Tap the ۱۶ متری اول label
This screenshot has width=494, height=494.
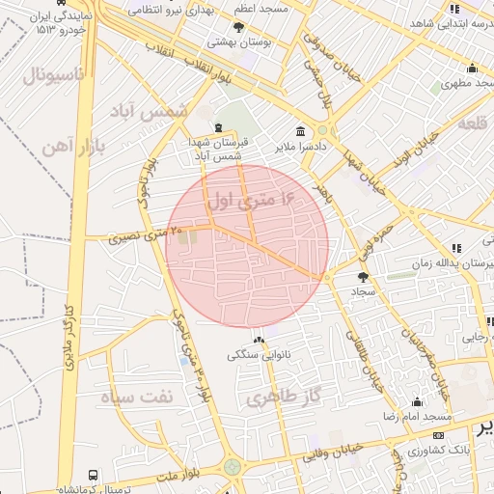click(250, 200)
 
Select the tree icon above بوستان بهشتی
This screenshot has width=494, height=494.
click(239, 28)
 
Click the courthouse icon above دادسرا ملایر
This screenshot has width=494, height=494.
click(301, 130)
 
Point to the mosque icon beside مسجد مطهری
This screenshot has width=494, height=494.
click(472, 68)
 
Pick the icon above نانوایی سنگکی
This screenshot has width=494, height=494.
click(259, 340)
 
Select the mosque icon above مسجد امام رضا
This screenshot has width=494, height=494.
click(417, 401)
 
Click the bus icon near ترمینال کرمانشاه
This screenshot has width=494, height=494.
click(93, 476)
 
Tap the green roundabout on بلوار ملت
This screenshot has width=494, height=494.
click(233, 468)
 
